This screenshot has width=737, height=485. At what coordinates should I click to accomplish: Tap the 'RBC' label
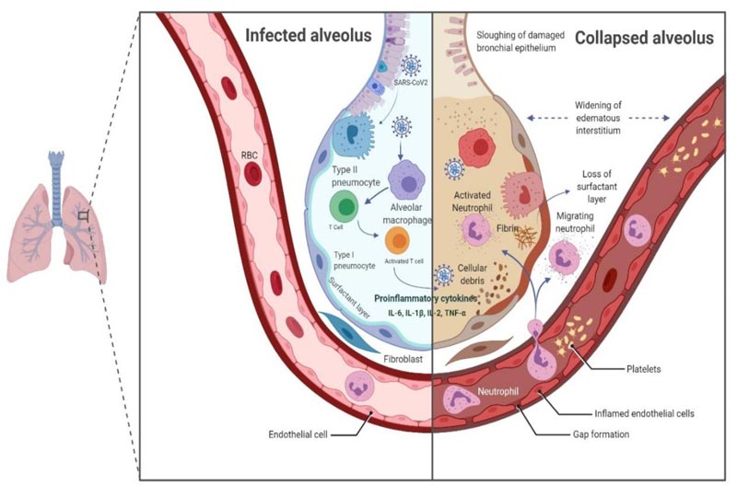(x=251, y=157)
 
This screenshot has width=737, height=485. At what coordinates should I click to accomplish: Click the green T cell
(x=345, y=205)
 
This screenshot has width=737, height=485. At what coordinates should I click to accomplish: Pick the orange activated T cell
(x=397, y=243)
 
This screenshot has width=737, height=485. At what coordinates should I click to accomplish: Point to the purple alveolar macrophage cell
(x=406, y=173)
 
